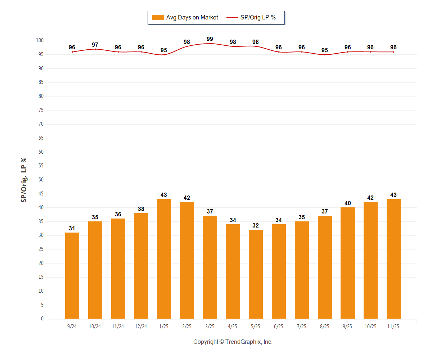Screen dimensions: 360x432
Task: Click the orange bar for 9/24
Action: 72,275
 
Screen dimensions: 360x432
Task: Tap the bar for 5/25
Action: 256,274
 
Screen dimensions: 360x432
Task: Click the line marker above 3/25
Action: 210,44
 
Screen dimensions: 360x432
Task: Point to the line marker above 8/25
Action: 325,55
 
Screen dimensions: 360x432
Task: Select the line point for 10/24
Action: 95,49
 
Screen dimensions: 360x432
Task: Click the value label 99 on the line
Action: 210,39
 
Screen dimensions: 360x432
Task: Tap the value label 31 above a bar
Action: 72,228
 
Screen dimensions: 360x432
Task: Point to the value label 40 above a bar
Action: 347,203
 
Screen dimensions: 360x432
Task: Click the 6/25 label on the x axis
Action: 279,327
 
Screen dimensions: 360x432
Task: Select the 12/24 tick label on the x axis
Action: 141,327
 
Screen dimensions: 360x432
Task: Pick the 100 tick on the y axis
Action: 40,41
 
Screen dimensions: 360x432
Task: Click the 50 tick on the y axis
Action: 41,180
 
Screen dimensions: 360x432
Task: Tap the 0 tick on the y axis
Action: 42,319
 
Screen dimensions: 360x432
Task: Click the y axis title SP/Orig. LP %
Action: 24,180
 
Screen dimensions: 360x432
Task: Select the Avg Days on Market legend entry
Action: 192,17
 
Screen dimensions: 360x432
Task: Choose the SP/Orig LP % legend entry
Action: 258,17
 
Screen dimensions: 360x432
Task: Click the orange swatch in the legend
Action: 158,17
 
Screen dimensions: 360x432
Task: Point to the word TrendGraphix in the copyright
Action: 243,342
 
